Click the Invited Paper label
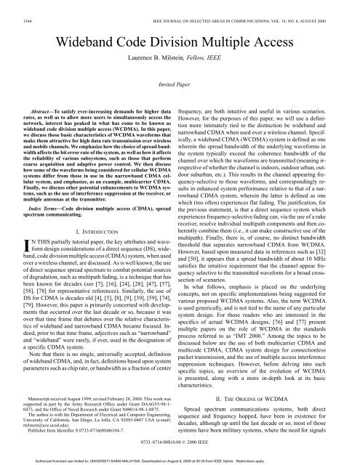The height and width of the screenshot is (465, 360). (x=180, y=84)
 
